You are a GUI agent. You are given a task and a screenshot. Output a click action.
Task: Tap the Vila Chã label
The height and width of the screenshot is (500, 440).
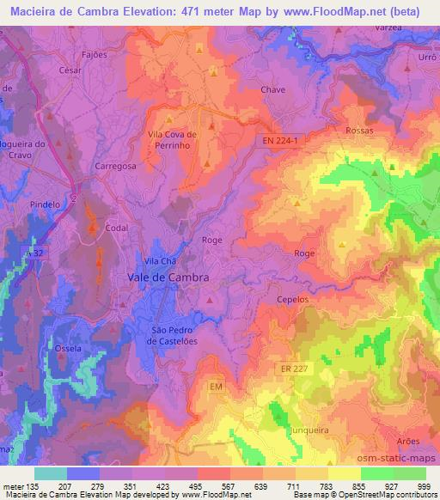point(159,260)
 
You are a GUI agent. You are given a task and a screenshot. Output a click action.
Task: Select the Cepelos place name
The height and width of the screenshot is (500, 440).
point(293,300)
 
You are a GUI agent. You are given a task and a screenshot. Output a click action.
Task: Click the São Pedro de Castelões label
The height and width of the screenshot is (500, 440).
point(175,335)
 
